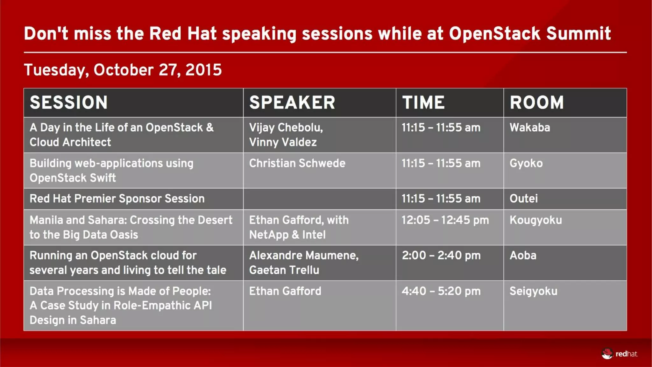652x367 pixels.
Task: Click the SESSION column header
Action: point(69,103)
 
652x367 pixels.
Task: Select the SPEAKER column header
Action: point(292,103)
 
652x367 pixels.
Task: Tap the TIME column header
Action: point(423,103)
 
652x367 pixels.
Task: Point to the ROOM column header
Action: point(536,103)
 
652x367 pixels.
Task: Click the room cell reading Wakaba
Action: point(530,128)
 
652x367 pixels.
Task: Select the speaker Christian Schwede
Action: point(297,163)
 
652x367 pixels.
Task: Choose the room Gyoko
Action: point(526,163)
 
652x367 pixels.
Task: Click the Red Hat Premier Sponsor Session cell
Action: point(117,199)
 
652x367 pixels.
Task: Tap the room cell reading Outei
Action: point(523,199)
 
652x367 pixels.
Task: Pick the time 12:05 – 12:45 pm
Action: point(445,220)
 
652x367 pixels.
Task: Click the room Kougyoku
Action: point(535,220)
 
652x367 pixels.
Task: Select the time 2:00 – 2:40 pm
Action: point(441,255)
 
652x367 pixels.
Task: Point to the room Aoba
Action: point(523,255)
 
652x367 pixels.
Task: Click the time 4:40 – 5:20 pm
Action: point(441,291)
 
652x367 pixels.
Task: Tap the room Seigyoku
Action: point(533,291)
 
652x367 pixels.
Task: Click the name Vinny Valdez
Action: point(283,142)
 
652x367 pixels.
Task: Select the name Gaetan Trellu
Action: point(284,270)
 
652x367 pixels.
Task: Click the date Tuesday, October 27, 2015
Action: point(123,70)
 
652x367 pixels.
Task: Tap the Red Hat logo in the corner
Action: point(619,354)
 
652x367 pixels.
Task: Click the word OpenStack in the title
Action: point(494,34)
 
